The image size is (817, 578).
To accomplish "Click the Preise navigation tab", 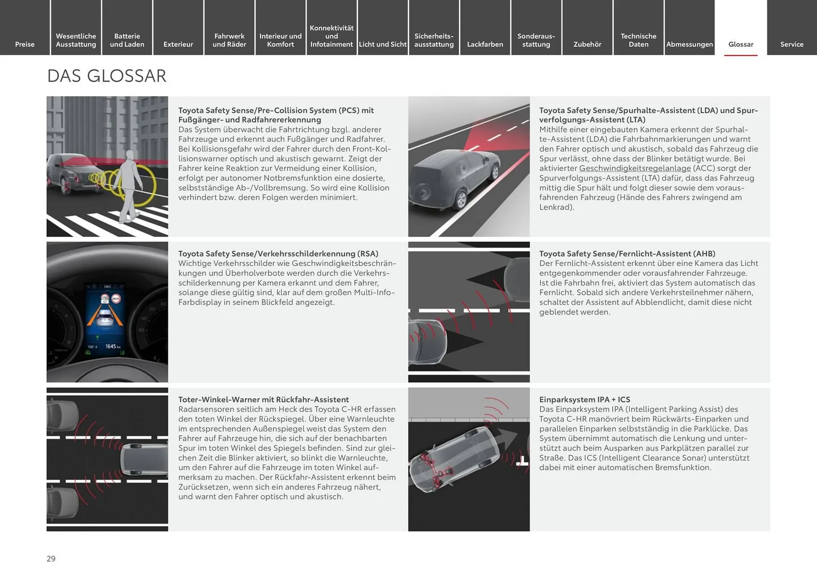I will tap(25, 44).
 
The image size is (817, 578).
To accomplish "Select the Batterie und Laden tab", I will tap(127, 40).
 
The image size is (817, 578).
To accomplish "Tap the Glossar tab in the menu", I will tap(740, 44).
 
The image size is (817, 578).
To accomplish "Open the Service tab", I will tap(791, 44).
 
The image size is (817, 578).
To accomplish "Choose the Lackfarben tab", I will tap(485, 44).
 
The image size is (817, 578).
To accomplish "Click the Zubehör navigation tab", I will tap(587, 44).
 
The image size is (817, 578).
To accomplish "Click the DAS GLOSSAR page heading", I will tap(107, 76).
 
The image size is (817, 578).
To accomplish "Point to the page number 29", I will tap(51, 558).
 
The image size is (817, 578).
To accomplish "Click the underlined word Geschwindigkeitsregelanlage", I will tap(634, 168).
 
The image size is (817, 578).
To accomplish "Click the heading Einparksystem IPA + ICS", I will tap(584, 399).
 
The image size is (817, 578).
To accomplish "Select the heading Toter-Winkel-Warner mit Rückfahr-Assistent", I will tap(263, 399).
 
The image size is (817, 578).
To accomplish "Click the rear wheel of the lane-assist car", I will tap(461, 199).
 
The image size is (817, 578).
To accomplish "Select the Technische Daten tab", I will tap(638, 40).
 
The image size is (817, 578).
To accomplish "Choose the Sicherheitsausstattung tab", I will tap(434, 40).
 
